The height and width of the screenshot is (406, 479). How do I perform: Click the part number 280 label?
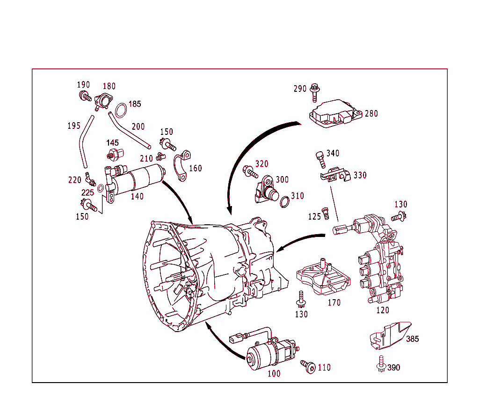371,114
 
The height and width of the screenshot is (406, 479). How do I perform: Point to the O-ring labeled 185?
121,110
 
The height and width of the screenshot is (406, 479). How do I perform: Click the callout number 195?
73,126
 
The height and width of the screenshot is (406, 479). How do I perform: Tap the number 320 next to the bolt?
262,164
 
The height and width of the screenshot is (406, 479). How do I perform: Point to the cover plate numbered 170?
323,280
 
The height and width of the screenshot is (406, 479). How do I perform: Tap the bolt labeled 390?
380,364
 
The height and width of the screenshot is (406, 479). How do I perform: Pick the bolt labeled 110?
309,367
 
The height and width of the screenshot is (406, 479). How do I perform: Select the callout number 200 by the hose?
138,126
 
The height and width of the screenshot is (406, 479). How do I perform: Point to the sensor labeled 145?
115,153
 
